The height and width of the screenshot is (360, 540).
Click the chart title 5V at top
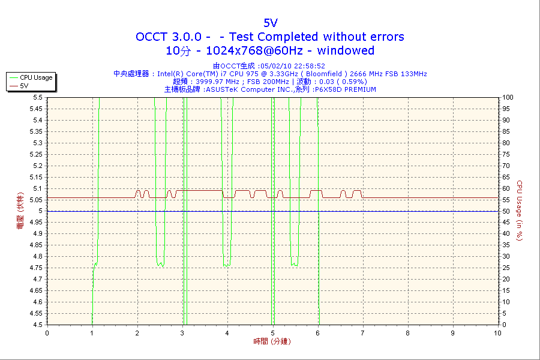point(270,23)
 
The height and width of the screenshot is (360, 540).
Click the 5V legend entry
point(25,86)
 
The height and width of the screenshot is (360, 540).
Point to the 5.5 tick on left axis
point(38,97)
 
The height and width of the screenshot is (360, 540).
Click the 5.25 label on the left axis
point(36,154)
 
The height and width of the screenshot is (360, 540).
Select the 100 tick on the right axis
point(508,97)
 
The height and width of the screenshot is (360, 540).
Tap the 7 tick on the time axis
point(362,333)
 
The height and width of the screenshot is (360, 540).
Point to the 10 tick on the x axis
point(497,333)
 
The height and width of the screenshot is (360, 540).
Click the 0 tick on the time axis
point(47,333)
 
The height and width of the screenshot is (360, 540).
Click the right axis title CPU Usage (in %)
point(520,211)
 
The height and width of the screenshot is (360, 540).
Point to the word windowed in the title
point(346,51)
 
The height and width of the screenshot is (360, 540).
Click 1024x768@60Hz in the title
point(251,51)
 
